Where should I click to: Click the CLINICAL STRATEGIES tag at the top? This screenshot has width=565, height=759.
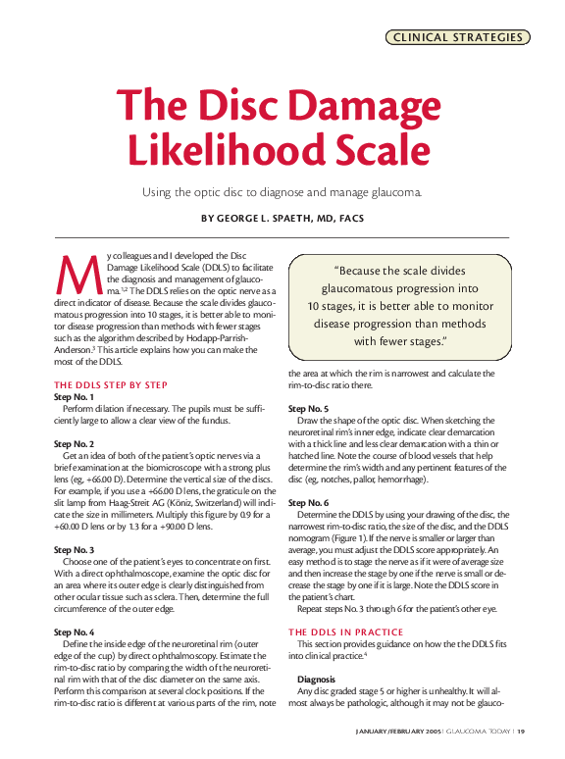click(458, 37)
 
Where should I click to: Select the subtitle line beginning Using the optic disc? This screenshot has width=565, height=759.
click(282, 191)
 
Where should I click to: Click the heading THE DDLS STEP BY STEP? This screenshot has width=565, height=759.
click(111, 384)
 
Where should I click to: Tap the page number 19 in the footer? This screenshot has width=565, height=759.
click(522, 731)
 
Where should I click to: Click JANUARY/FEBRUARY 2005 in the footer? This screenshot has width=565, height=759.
click(397, 731)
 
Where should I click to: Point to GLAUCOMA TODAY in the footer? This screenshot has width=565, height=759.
click(479, 731)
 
